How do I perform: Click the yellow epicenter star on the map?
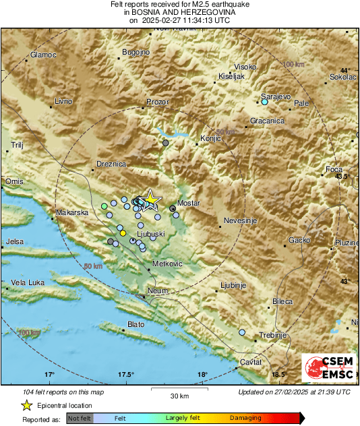point(152,199)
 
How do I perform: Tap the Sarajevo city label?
point(276,96)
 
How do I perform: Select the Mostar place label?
point(188,202)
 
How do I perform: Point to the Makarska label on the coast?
point(72,212)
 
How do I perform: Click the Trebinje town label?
point(273,335)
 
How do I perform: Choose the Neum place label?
point(157,290)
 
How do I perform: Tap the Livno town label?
point(63,101)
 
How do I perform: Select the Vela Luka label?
point(28,283)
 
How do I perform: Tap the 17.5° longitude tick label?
point(125,374)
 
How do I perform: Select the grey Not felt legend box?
point(80,419)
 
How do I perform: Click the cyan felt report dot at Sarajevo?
point(264,102)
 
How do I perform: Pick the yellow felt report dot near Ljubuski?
point(123,233)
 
